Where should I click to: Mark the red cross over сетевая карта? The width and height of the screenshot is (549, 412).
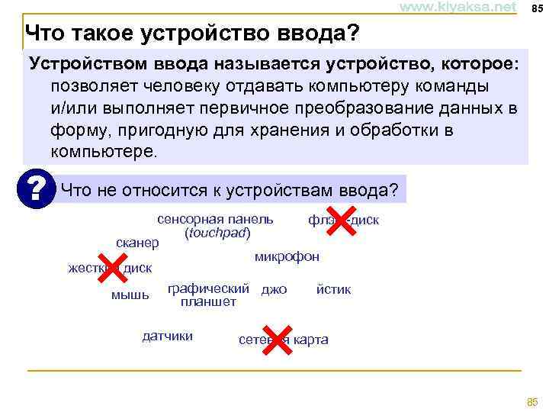pyautogui.click(x=279, y=339)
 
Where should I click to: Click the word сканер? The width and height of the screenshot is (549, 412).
pyautogui.click(x=137, y=243)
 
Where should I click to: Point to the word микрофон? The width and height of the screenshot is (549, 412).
pyautogui.click(x=287, y=256)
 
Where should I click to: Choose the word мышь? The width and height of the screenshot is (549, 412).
pyautogui.click(x=130, y=294)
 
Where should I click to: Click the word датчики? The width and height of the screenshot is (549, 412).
pyautogui.click(x=168, y=336)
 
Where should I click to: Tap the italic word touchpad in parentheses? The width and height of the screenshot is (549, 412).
pyautogui.click(x=217, y=232)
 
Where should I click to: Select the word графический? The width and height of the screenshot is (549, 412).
pyautogui.click(x=208, y=288)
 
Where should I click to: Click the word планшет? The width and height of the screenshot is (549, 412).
pyautogui.click(x=208, y=301)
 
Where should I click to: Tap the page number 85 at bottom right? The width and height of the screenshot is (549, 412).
pyautogui.click(x=532, y=401)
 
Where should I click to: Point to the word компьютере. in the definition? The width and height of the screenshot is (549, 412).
pyautogui.click(x=106, y=150)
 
